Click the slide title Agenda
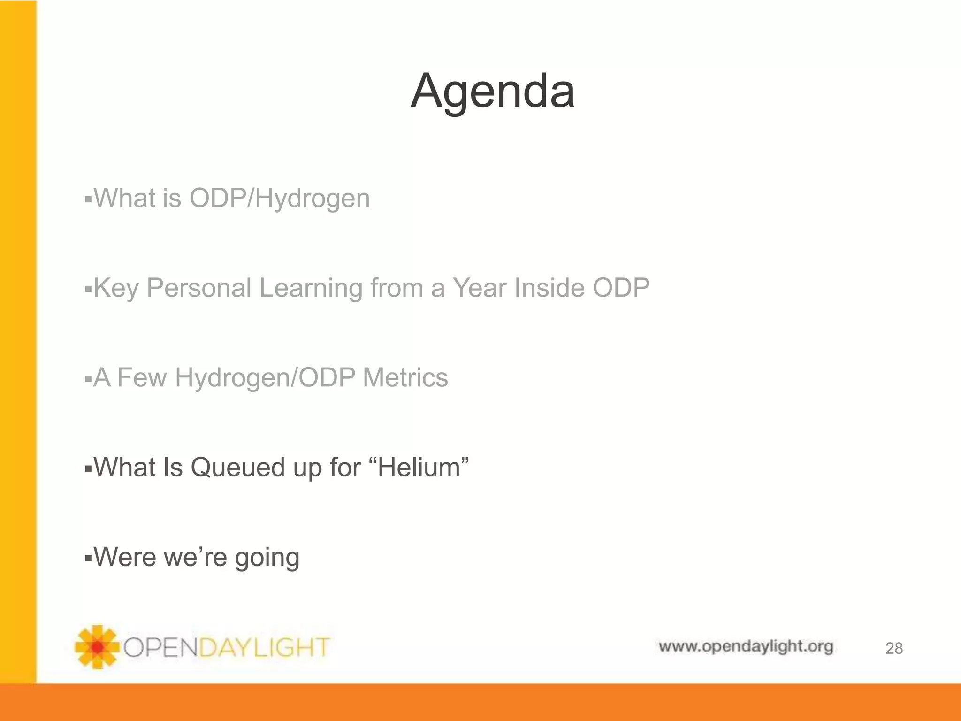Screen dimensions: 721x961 click(492, 92)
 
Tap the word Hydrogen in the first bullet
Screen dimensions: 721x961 click(313, 199)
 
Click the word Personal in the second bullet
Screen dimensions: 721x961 click(199, 288)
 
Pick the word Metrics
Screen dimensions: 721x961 click(405, 377)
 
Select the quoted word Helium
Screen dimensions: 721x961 click(419, 468)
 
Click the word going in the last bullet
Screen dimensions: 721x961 click(267, 558)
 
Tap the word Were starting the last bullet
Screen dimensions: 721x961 click(125, 557)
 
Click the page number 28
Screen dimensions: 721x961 click(893, 648)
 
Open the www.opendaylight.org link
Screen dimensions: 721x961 click(746, 646)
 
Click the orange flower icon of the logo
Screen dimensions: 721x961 click(97, 647)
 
